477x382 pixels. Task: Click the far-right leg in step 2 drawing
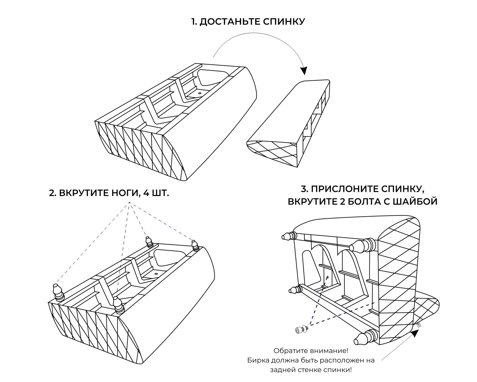194,245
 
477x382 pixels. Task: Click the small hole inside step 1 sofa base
200,93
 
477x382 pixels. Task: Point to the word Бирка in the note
256,360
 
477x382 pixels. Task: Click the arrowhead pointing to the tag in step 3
415,333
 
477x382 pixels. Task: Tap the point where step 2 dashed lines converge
129,203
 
